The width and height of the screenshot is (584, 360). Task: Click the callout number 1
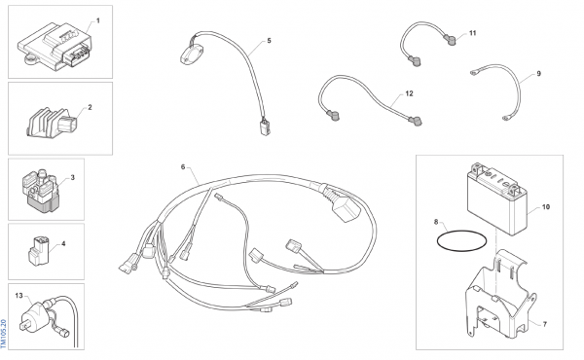point(98,20)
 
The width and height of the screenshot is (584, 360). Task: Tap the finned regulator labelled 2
point(52,122)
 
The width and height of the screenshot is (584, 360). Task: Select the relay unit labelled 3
point(40,191)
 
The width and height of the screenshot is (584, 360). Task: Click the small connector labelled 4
point(38,251)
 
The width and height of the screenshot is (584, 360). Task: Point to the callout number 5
point(270,41)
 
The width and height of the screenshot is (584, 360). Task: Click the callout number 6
point(183,166)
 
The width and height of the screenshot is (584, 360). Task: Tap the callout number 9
point(538,74)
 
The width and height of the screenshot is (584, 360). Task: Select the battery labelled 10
point(497,199)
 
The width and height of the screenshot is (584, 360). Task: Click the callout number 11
point(473,33)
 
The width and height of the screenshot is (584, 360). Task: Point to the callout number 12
point(410,93)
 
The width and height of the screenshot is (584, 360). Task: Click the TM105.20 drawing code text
point(3,334)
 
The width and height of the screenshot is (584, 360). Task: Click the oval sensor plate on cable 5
point(192,55)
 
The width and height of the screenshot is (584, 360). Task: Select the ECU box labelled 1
point(55,46)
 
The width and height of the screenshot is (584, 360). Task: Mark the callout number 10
point(546,206)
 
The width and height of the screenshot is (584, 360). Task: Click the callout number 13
point(19,295)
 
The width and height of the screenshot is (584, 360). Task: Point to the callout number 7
point(544,324)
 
